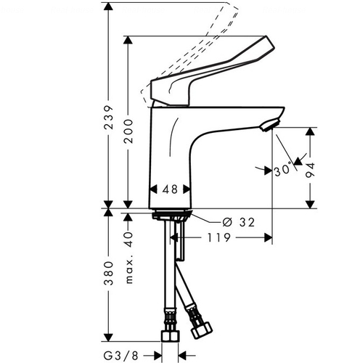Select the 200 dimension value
[x=128, y=131]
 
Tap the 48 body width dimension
[x=170, y=189]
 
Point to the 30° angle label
[x=282, y=170]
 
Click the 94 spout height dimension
[x=310, y=170]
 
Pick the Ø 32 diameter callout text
[x=238, y=222]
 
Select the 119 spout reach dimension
[x=219, y=237]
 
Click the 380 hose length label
[x=108, y=273]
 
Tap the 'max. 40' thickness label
[x=129, y=258]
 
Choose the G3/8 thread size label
[x=121, y=356]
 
